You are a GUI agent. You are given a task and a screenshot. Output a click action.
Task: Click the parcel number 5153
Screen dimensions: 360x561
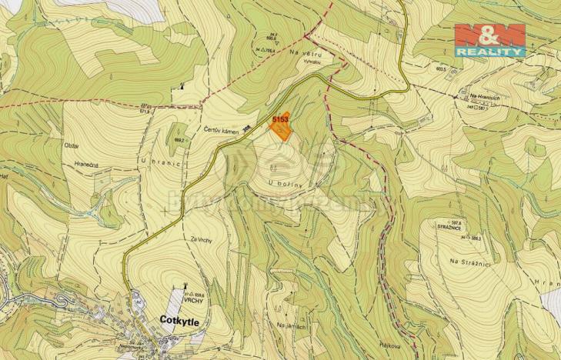tap(279, 119)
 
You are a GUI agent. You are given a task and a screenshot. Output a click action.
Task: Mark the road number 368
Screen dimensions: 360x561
tap(246, 129)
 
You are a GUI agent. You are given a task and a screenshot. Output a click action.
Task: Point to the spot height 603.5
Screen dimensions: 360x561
tap(440, 68)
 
